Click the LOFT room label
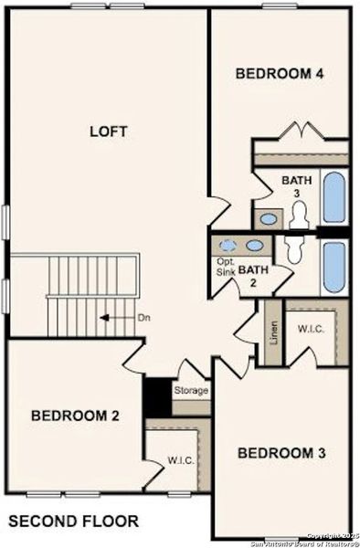(108, 131)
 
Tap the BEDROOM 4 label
(280, 74)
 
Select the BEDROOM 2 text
(75, 416)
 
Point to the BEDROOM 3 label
(282, 453)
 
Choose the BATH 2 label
(253, 276)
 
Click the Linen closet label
(271, 334)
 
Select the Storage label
(191, 390)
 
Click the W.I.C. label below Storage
(179, 460)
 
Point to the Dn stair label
(143, 318)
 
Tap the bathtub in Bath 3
(334, 196)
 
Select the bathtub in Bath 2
(334, 268)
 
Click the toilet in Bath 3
(298, 215)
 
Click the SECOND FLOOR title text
(74, 522)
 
